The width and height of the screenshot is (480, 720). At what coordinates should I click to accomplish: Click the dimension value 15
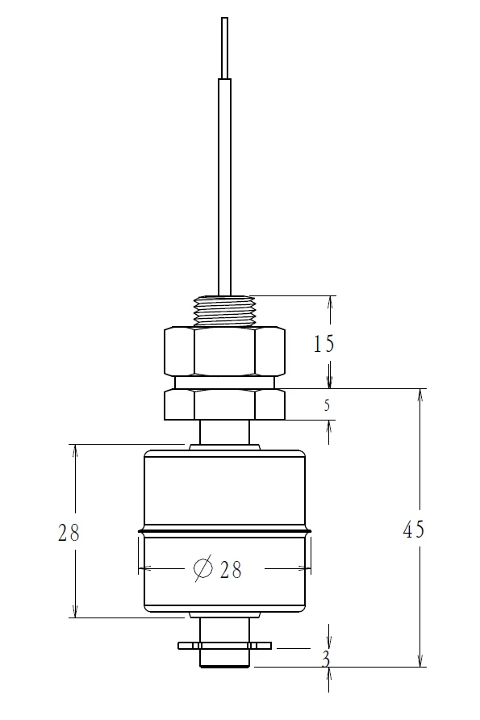[323, 344]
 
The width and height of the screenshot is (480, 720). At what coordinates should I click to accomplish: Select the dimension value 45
[414, 530]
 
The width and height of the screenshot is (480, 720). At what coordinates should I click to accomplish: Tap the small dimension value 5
[327, 405]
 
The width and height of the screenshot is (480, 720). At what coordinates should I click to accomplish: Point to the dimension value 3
[325, 659]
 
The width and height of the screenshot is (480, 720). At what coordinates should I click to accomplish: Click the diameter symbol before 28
[203, 568]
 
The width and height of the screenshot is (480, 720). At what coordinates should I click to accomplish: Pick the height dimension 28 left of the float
[69, 533]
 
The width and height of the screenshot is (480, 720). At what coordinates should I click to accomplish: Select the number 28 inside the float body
[231, 569]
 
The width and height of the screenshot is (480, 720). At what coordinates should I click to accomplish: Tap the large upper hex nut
[224, 352]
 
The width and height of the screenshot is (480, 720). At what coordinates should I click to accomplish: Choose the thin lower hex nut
[224, 404]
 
